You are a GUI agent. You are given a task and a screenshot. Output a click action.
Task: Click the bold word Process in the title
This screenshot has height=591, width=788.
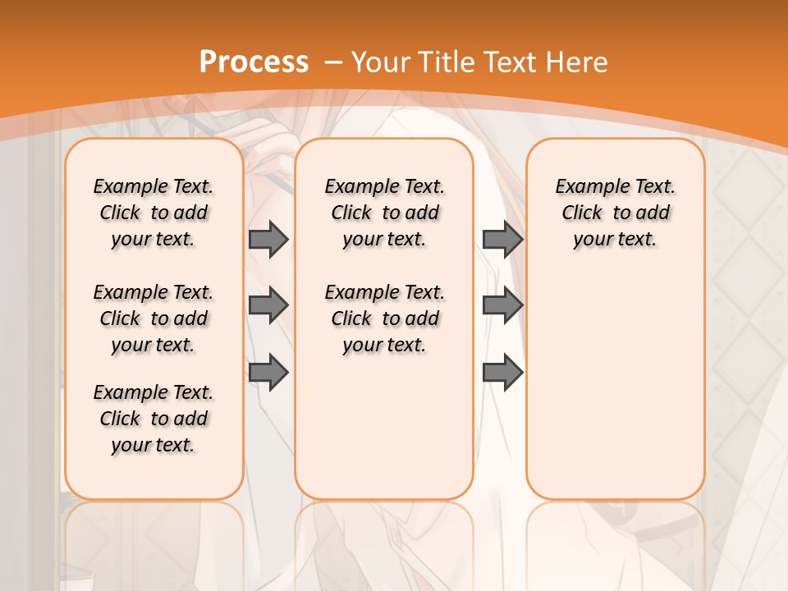pyautogui.click(x=254, y=62)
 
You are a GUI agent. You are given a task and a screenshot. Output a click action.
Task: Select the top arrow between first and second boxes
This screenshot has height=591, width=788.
pyautogui.click(x=268, y=239)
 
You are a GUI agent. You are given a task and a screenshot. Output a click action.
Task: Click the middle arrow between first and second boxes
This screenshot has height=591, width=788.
pyautogui.click(x=268, y=306)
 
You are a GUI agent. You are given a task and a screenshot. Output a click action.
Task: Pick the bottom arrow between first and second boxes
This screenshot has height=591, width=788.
pyautogui.click(x=268, y=372)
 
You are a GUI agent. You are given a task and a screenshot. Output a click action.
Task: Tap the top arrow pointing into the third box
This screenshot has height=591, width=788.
pyautogui.click(x=502, y=239)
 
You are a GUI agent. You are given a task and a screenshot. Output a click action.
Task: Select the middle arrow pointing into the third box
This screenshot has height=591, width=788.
pyautogui.click(x=502, y=306)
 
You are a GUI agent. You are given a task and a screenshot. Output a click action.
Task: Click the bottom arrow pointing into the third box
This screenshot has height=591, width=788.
pyautogui.click(x=502, y=372)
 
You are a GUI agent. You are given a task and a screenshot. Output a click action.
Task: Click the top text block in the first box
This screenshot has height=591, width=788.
pyautogui.click(x=153, y=213)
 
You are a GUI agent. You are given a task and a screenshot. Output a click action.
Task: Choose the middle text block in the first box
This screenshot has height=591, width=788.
pyautogui.click(x=153, y=318)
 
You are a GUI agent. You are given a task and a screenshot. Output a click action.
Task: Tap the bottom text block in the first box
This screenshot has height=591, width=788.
pyautogui.click(x=153, y=419)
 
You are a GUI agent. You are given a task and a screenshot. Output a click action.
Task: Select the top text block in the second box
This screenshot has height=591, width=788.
pyautogui.click(x=384, y=213)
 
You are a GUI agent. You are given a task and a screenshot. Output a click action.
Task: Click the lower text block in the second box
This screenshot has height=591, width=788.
pyautogui.click(x=384, y=318)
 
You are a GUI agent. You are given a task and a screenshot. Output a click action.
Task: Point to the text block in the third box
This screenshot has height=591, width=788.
pyautogui.click(x=615, y=213)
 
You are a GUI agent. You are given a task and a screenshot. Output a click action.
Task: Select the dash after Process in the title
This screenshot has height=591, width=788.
pyautogui.click(x=333, y=62)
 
